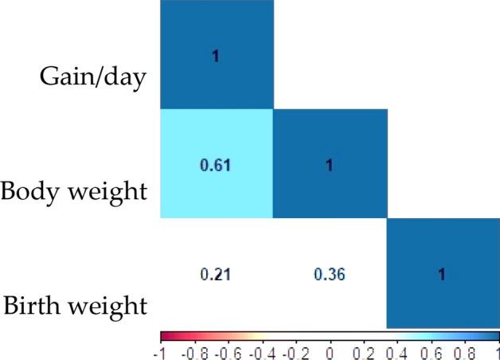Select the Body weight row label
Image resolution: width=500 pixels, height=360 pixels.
pos(74,192)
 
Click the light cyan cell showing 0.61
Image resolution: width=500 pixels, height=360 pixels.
pos(216,163)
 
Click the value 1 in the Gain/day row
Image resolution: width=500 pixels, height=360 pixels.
pos(216,56)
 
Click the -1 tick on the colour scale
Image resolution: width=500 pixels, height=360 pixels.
pos(162,351)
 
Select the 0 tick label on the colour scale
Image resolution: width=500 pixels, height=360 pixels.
pos(330,351)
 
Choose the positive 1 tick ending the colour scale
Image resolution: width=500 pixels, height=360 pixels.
pos(496,351)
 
